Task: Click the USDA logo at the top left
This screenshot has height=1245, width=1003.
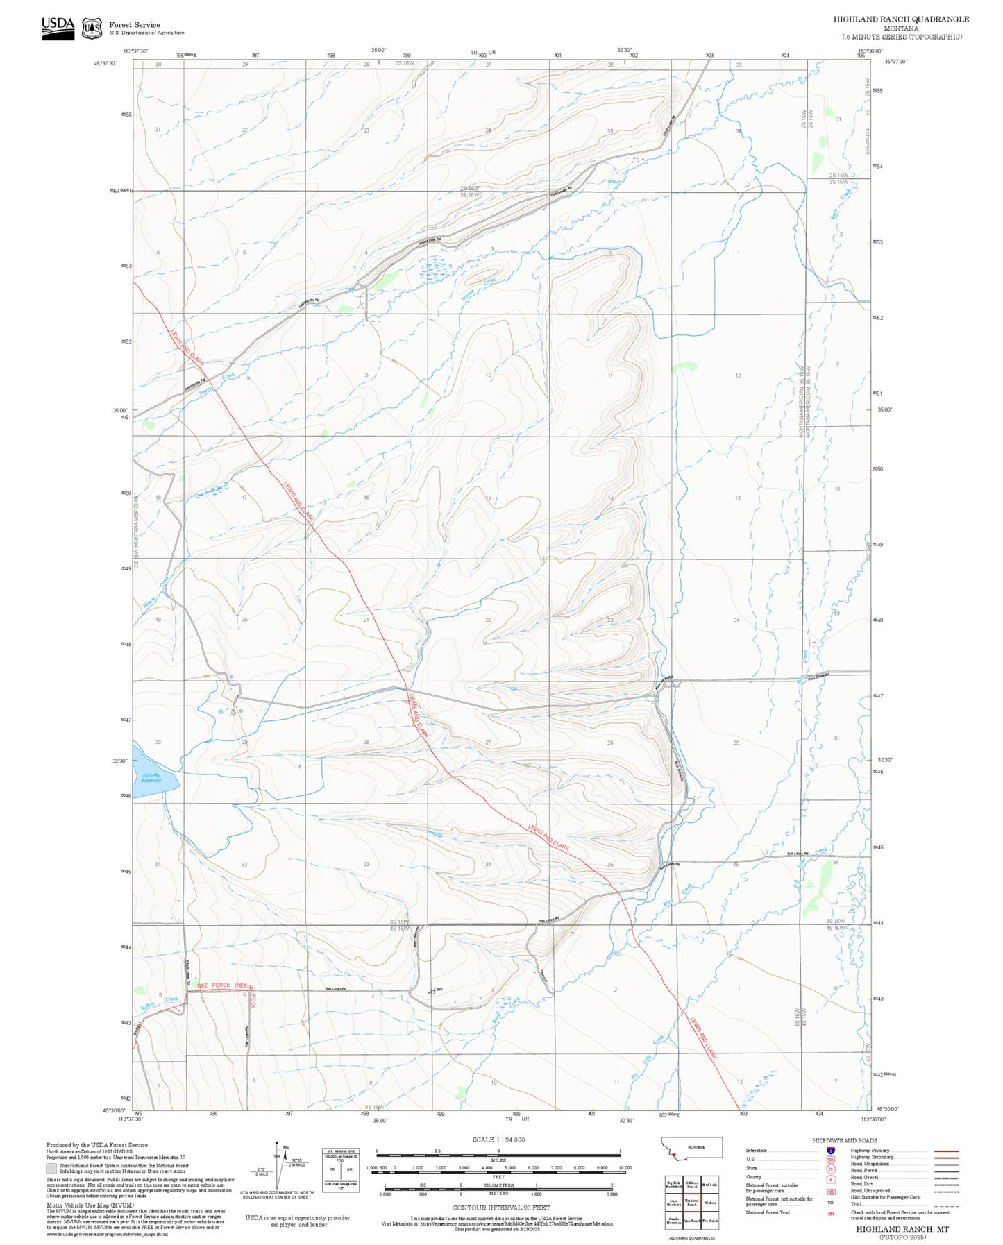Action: tap(58, 27)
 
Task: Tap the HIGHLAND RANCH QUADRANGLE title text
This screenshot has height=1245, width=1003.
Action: tap(901, 19)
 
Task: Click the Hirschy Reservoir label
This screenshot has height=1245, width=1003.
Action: tap(151, 778)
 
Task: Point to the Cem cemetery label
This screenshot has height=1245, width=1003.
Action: tap(438, 989)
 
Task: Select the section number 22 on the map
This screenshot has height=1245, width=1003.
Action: tap(488, 620)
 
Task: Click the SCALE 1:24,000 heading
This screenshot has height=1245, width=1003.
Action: tap(498, 1140)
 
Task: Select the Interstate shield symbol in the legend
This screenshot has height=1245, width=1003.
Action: tap(830, 1151)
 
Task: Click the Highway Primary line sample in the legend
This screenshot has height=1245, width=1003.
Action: tap(946, 1151)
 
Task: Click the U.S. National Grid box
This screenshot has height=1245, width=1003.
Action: tap(342, 1169)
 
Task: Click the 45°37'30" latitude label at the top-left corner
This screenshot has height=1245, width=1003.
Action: tap(106, 63)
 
